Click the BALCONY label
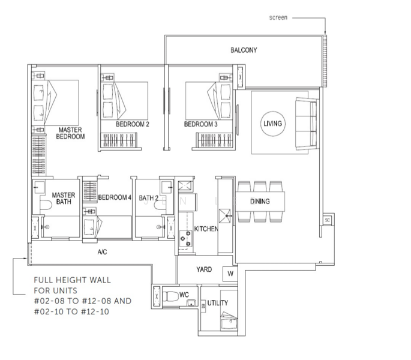(244, 50)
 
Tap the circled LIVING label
(272, 124)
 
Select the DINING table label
(260, 202)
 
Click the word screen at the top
(278, 17)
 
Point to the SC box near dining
(327, 220)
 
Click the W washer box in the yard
(230, 274)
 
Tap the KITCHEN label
(206, 229)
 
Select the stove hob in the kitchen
(185, 239)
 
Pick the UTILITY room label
(218, 303)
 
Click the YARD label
(204, 269)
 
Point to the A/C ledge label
(102, 252)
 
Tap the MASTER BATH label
(64, 199)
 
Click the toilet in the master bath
(46, 205)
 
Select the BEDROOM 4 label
(115, 197)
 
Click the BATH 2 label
(149, 198)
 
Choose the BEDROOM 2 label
(133, 124)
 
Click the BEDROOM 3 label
(200, 124)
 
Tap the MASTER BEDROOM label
(70, 133)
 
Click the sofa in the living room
(307, 124)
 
